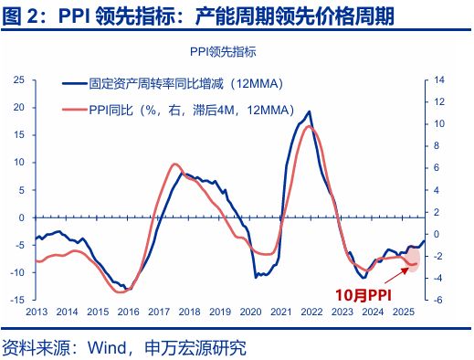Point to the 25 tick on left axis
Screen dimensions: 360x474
[18, 80]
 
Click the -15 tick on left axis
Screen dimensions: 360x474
[16, 300]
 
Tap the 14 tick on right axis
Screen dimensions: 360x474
[438, 80]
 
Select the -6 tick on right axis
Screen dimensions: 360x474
[438, 300]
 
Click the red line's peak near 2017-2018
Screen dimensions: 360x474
[176, 164]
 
